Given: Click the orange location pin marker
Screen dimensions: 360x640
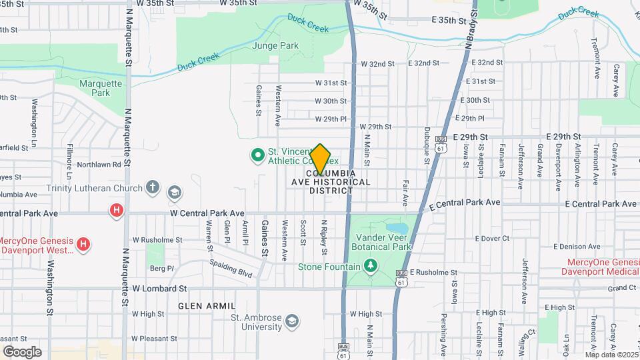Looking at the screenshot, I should click(x=320, y=159).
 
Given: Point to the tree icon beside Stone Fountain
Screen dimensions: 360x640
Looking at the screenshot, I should click(x=371, y=267).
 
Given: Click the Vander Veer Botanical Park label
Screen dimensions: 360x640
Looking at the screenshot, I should click(x=384, y=242).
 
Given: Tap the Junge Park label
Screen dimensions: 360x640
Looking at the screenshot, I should click(x=275, y=46).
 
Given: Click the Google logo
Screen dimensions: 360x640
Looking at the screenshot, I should click(x=22, y=351).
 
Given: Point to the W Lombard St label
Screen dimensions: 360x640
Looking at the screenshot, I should click(x=159, y=289).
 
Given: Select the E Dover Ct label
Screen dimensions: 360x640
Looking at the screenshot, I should click(x=492, y=238).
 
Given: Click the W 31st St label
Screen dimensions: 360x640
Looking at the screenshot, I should click(x=331, y=83).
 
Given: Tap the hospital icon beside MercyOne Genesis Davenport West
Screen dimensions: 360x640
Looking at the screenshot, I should click(x=83, y=244).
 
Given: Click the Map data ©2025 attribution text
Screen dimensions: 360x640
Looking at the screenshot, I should click(x=611, y=355).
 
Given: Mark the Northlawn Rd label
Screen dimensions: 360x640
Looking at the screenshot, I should click(x=99, y=164).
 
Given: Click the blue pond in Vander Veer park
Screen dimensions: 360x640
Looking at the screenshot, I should click(x=391, y=226).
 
